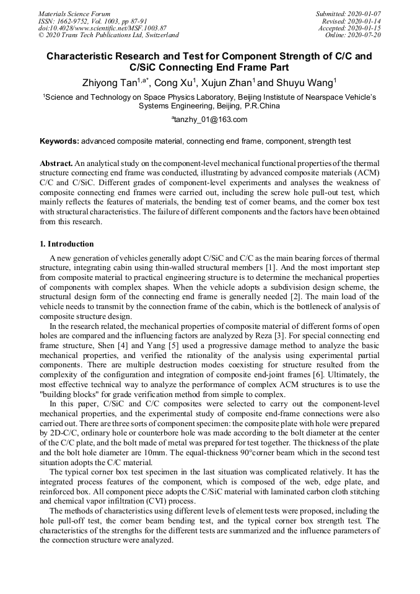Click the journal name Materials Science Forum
[74, 14]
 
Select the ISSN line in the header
[92, 21]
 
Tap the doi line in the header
[102, 28]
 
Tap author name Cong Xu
[176, 82]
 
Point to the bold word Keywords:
[59, 141]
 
